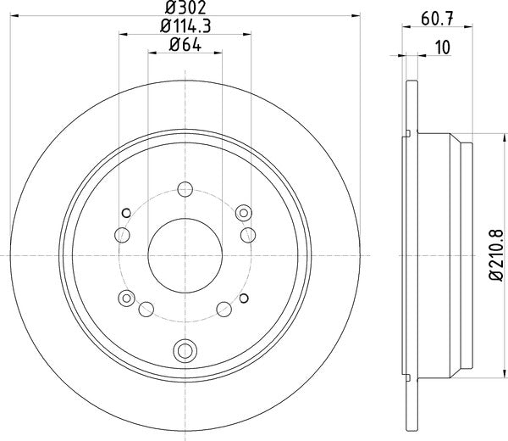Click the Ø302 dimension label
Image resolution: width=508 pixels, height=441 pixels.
[x=185, y=8]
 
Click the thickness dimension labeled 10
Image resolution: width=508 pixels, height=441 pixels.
[x=440, y=48]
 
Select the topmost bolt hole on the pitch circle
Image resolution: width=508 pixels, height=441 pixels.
[x=185, y=192]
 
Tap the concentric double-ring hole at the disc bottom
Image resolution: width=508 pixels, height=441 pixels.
[x=185, y=349]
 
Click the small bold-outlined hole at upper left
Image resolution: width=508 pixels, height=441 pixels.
[x=126, y=212]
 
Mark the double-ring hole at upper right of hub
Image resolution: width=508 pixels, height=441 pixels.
[x=245, y=212]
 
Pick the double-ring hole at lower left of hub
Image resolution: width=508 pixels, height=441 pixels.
[x=126, y=297]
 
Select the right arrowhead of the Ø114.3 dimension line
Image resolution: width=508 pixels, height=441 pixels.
[x=249, y=35]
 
